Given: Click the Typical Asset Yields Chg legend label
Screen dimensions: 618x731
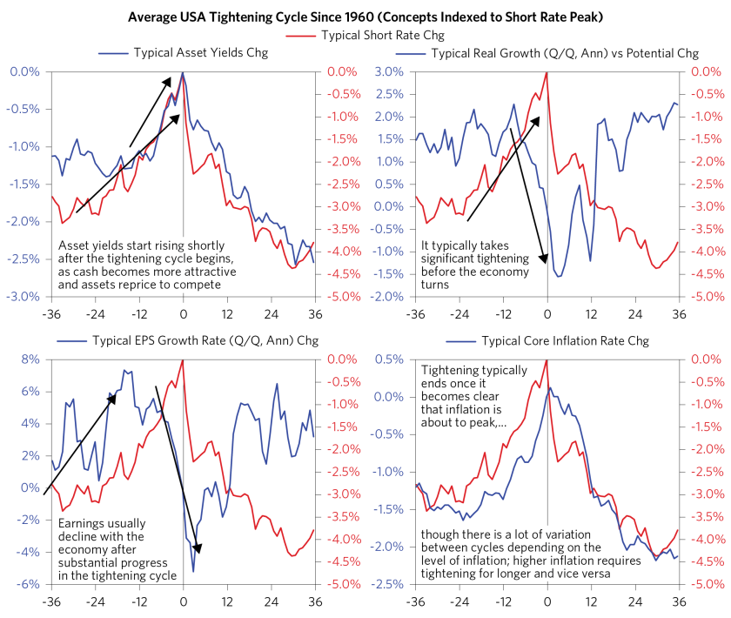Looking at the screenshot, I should point(200,52).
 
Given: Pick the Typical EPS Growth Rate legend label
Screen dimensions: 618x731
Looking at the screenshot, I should point(201,340).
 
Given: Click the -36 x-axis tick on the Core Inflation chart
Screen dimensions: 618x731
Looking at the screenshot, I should point(415,601).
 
